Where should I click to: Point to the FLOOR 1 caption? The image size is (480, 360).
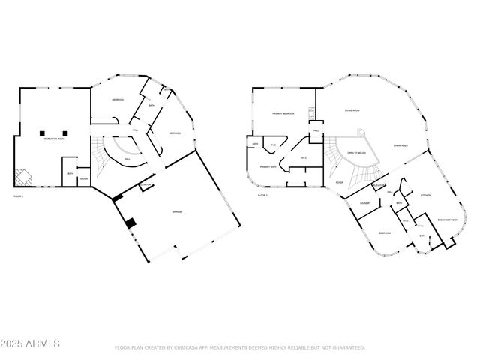pos(19,196)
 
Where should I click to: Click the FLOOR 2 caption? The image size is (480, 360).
pos(262,196)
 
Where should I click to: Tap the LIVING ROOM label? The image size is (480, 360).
pos(352,110)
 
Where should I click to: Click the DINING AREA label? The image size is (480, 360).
pos(400,145)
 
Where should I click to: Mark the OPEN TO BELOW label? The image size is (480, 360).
pos(355,153)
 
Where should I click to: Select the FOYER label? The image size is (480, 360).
pos(340,182)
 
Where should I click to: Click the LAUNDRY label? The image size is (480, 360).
pos(366,202)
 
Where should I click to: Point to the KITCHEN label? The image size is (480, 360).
pos(425,195)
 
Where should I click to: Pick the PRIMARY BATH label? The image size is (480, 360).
pos(268,166)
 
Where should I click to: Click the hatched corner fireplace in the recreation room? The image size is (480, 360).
pos(25,177)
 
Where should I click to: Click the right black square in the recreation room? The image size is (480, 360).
pos(66,133)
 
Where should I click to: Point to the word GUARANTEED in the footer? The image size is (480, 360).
pos(348,347)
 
